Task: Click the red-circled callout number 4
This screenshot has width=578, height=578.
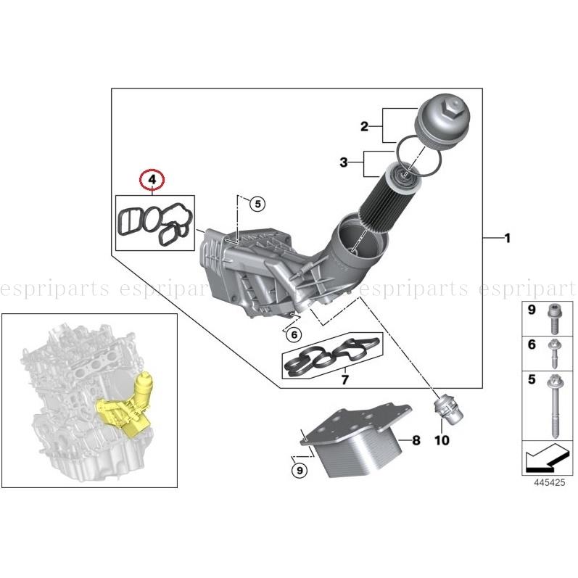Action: [152, 178]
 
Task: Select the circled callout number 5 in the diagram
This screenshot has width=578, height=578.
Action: [257, 204]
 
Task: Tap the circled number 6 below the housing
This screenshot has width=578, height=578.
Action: [292, 335]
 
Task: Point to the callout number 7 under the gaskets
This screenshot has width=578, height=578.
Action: [345, 379]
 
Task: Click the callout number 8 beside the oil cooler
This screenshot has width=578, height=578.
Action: [416, 439]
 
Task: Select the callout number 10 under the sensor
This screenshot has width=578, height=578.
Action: [442, 439]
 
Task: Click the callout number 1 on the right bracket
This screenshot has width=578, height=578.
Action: [507, 238]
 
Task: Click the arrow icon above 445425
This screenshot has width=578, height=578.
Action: [545, 458]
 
